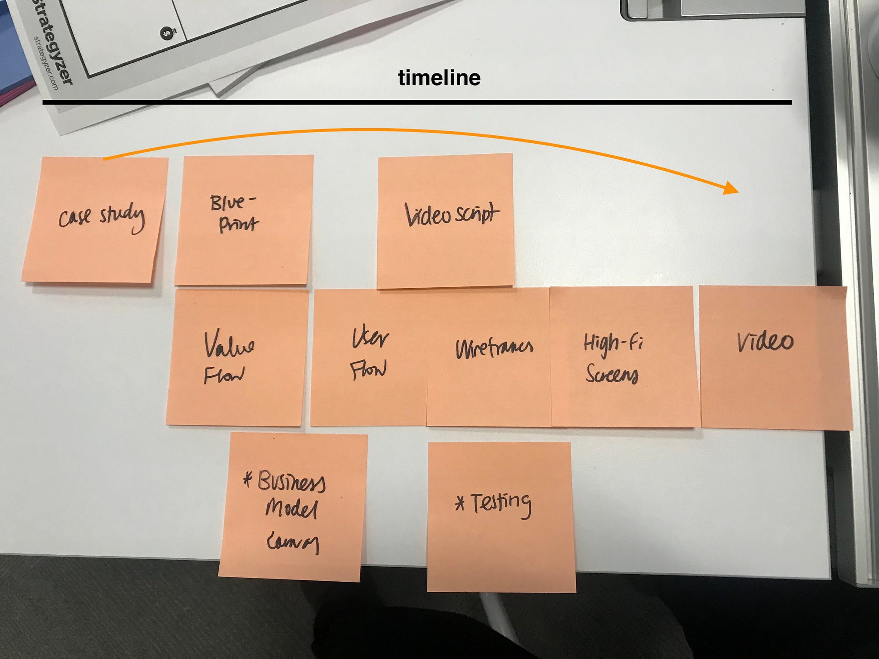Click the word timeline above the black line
439,78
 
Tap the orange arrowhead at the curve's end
731,188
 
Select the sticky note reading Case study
94,220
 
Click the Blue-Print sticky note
243,220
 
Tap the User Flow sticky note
369,357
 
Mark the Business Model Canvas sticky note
292,507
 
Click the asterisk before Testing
460,503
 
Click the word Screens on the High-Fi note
611,375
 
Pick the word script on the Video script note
477,214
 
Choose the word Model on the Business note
291,508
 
